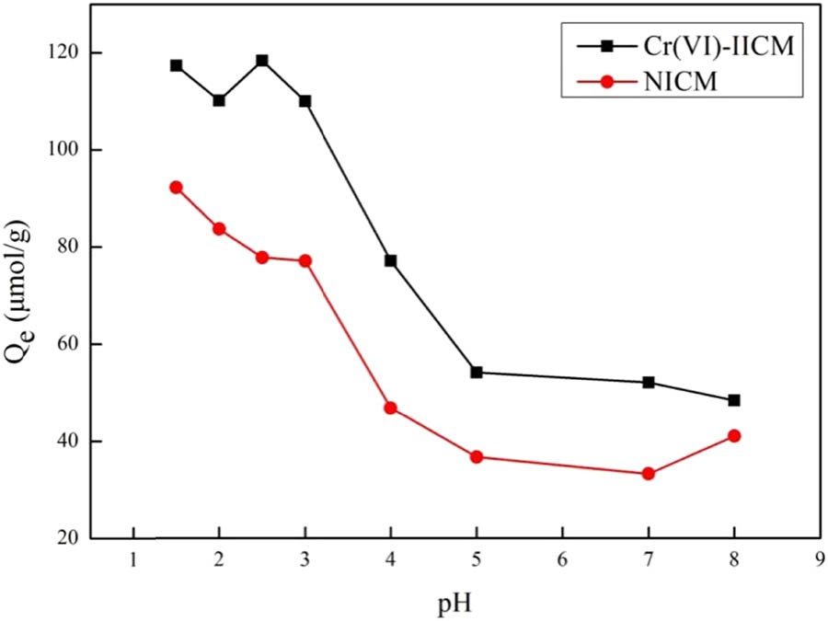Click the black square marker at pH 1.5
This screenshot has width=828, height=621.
point(176,65)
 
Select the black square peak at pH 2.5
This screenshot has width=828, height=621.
point(262,61)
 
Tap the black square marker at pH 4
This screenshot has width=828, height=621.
point(390,260)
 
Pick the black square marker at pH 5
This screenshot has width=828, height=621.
point(477,372)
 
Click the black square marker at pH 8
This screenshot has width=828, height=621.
point(734,400)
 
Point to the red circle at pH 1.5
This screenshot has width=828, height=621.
point(176,187)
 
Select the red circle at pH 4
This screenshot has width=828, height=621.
point(390,408)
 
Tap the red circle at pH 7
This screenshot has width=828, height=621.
point(649,474)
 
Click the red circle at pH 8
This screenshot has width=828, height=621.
point(734,435)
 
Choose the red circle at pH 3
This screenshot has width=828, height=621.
point(305,260)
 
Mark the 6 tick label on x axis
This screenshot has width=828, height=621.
point(562,558)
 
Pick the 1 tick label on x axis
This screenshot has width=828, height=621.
point(133,558)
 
